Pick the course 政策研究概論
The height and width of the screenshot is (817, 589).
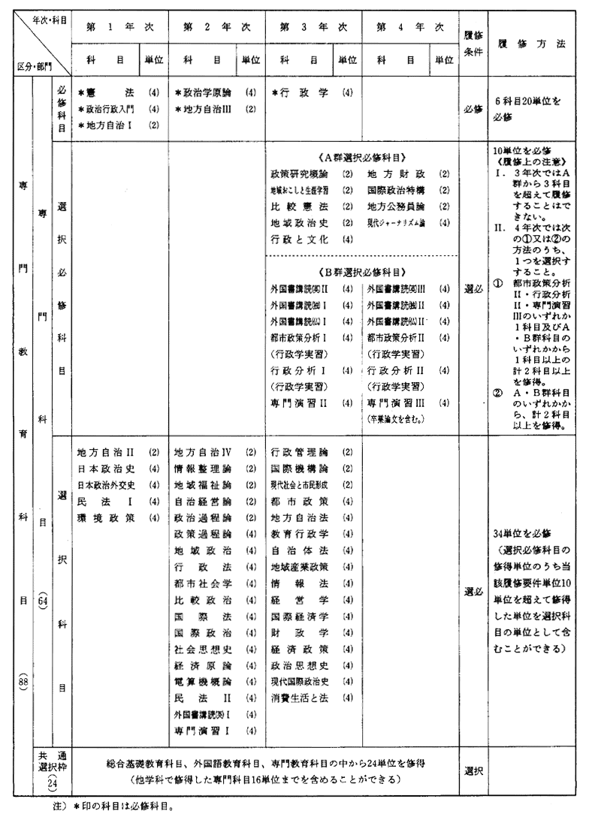pos(299,173)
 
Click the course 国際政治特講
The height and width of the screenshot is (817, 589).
pos(398,190)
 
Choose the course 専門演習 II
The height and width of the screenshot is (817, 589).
pos(298,402)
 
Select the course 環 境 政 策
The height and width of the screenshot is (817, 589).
pos(107,517)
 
